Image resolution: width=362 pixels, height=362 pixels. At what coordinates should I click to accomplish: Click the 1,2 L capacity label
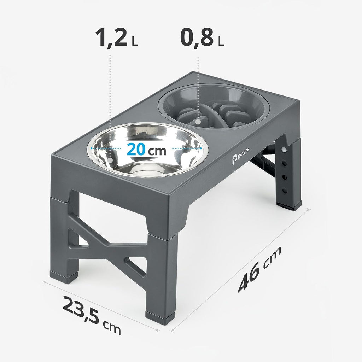click(117, 37)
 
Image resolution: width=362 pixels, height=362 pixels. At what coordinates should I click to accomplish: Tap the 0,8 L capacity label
click(202, 37)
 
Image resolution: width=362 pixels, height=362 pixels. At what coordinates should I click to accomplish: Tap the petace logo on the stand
click(240, 156)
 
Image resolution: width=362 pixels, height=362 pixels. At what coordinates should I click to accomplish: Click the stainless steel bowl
click(147, 150)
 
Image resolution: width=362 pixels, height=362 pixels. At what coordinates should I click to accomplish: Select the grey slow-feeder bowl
click(214, 106)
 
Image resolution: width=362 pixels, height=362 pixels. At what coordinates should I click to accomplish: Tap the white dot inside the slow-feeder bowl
click(198, 122)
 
